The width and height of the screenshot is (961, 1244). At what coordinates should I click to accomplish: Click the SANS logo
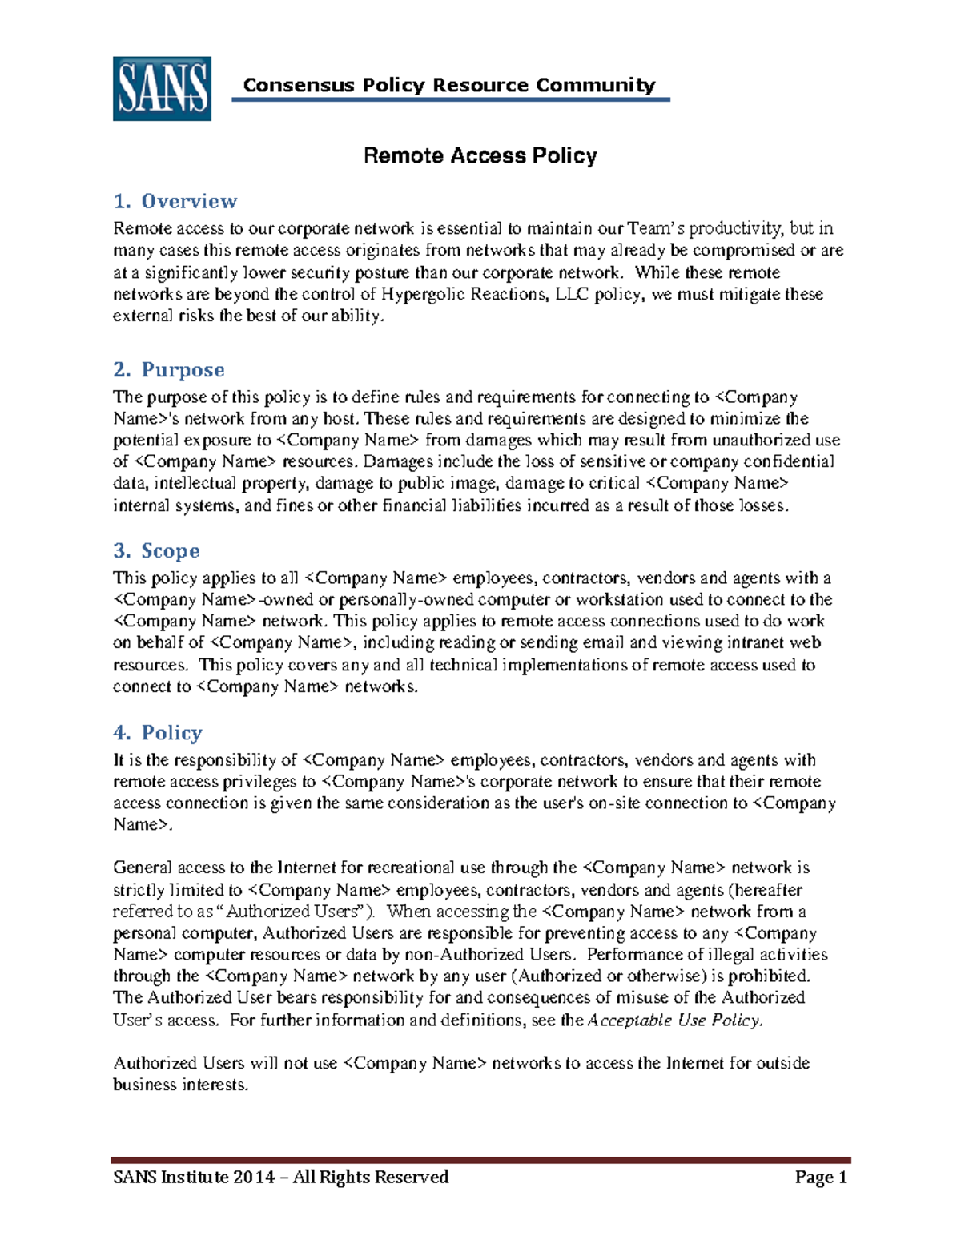pos(162,89)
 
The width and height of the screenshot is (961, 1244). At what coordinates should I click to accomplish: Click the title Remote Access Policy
pos(480,155)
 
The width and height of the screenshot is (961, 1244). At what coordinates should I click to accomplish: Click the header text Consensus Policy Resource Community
pos(448,85)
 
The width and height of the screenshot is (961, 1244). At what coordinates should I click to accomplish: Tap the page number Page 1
pos(820,1177)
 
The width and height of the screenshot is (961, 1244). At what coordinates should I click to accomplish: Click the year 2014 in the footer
pos(253,1177)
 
